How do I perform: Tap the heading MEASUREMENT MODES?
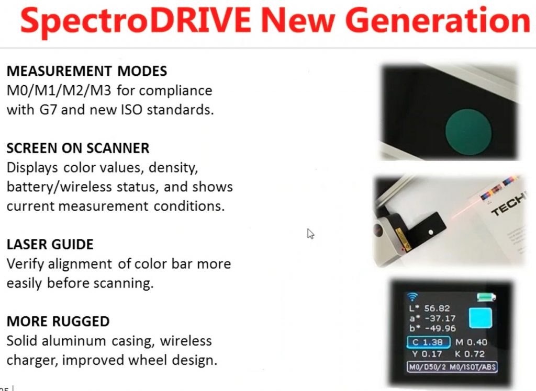87,71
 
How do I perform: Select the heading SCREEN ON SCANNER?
78,148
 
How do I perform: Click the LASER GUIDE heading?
50,244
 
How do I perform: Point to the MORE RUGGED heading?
58,321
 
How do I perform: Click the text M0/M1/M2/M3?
59,90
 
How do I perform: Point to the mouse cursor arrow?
310,234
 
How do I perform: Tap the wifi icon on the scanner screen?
413,297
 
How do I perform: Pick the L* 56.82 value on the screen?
430,308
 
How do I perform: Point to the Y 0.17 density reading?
427,354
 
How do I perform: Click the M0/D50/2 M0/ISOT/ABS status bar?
452,367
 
